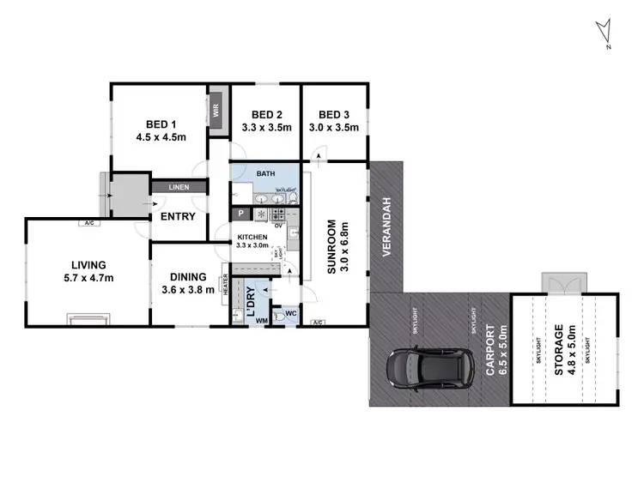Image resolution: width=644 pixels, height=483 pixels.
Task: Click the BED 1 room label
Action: pyautogui.click(x=161, y=121)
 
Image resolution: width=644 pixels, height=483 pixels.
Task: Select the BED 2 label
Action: pyautogui.click(x=266, y=115)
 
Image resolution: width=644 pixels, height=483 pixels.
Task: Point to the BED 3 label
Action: pyautogui.click(x=334, y=115)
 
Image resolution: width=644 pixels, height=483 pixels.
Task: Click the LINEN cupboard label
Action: pyautogui.click(x=179, y=187)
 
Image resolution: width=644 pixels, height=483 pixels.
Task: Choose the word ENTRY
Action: pyautogui.click(x=179, y=216)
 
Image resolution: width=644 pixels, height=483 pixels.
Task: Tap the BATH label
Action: pyautogui.click(x=264, y=173)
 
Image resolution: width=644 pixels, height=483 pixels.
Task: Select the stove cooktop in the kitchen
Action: pyautogui.click(x=260, y=214)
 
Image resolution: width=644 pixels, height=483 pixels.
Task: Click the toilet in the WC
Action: pyautogui.click(x=281, y=316)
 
